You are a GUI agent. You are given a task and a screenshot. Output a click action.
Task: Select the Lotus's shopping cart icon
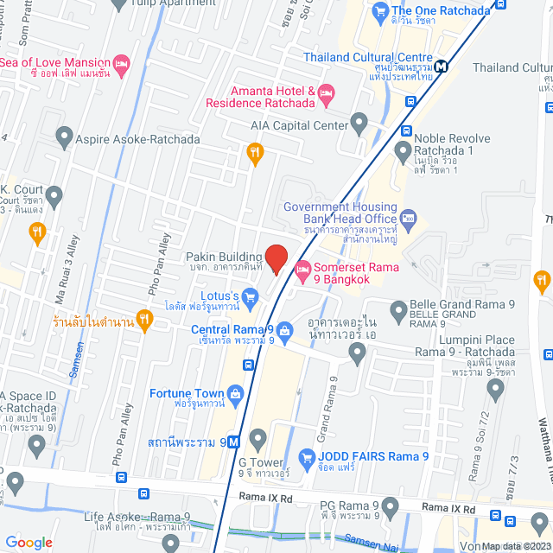pyautogui.click(x=251, y=301)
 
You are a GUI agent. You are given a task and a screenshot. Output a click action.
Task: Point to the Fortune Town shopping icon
pyautogui.click(x=235, y=394)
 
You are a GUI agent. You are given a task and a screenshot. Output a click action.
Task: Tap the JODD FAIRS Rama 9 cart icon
pyautogui.click(x=304, y=457)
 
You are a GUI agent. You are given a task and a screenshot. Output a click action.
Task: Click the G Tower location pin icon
pyautogui.click(x=257, y=437)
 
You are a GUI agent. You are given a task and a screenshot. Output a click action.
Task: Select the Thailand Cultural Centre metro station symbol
pyautogui.click(x=442, y=66)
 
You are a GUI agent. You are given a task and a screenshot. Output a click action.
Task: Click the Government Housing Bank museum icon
pyautogui.click(x=410, y=215)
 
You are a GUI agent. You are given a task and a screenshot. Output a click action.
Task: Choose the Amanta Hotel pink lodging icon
pyautogui.click(x=326, y=92)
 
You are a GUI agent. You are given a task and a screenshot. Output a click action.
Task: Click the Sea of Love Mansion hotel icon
pyautogui.click(x=122, y=63)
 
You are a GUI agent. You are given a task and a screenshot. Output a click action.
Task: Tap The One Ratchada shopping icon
pyautogui.click(x=378, y=11)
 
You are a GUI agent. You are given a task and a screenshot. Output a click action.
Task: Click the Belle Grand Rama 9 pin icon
pyautogui.click(x=398, y=308)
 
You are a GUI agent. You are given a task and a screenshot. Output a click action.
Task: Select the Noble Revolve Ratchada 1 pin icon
pyautogui.click(x=403, y=152)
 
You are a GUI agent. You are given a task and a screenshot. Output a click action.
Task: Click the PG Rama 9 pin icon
pyautogui.click(x=391, y=505)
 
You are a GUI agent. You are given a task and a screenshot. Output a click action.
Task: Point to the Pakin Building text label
pyautogui.click(x=223, y=257)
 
